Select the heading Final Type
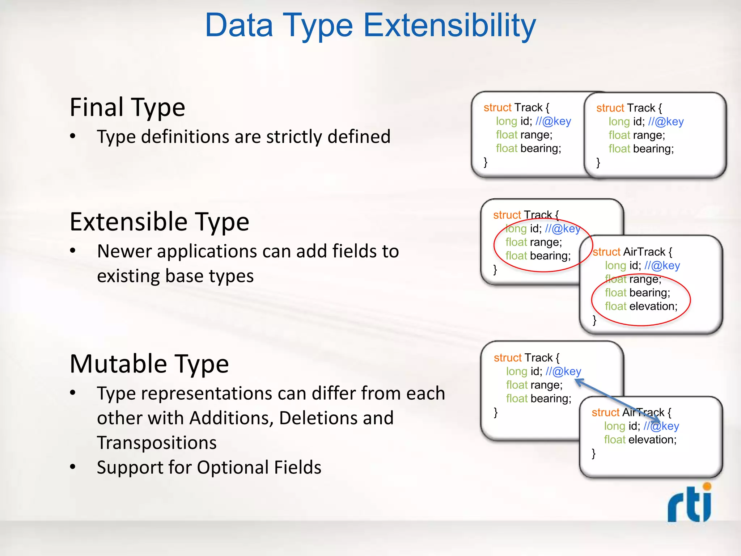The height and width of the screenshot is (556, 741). point(127,108)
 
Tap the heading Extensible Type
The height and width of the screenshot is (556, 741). point(159,222)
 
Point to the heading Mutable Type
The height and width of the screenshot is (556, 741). point(149,364)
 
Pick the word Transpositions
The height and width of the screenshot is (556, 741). point(157,443)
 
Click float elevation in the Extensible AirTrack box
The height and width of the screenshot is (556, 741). point(641,306)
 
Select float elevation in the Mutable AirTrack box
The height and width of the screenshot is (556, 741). point(640,439)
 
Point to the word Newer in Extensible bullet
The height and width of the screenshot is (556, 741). point(124,251)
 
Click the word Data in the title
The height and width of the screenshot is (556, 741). point(239,25)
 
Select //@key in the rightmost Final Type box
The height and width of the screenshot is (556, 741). point(666,122)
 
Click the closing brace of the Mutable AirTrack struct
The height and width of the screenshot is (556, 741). point(593,453)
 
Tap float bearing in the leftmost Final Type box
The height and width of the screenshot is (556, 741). point(528,148)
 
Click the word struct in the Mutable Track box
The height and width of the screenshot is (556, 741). point(507,358)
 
